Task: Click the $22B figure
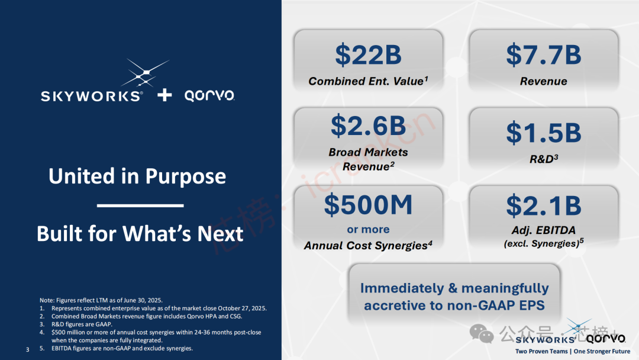coord(368,55)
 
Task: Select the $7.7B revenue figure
coord(544,55)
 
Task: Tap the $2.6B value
coord(368,126)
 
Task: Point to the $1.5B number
coord(544,133)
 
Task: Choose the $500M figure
coord(368,205)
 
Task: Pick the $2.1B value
coord(544,205)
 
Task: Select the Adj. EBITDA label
coord(544,230)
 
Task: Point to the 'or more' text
coord(368,230)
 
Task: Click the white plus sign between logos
coord(164,95)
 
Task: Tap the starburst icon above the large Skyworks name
coord(144,73)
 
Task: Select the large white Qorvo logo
coord(209,96)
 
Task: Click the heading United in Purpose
coord(137,176)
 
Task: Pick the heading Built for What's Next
coord(140,234)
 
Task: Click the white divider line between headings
coord(140,205)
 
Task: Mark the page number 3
coord(27,349)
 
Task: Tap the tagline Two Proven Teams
coord(541,352)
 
